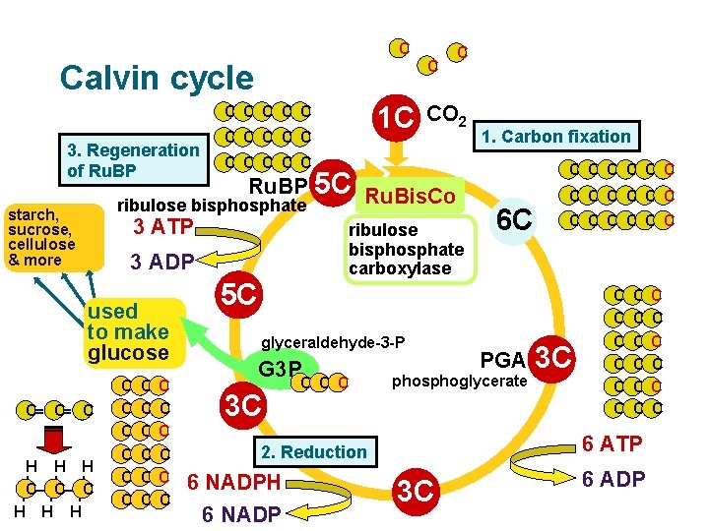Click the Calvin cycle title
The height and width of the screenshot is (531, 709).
tap(156, 78)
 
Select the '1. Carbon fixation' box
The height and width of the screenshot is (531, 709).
tap(555, 136)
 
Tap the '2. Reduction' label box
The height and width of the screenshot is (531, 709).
tap(313, 452)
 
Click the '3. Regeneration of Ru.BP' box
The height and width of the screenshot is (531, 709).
tap(132, 160)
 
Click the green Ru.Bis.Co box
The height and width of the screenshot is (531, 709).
tap(410, 197)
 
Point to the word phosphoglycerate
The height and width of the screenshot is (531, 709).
tap(460, 381)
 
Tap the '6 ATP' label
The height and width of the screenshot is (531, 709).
tap(612, 444)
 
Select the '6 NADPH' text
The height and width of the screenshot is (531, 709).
tap(234, 483)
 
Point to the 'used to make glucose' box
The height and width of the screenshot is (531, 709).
tap(128, 330)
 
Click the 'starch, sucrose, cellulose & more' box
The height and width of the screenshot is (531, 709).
tap(40, 237)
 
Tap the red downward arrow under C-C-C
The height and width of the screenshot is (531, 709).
tap(54, 439)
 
